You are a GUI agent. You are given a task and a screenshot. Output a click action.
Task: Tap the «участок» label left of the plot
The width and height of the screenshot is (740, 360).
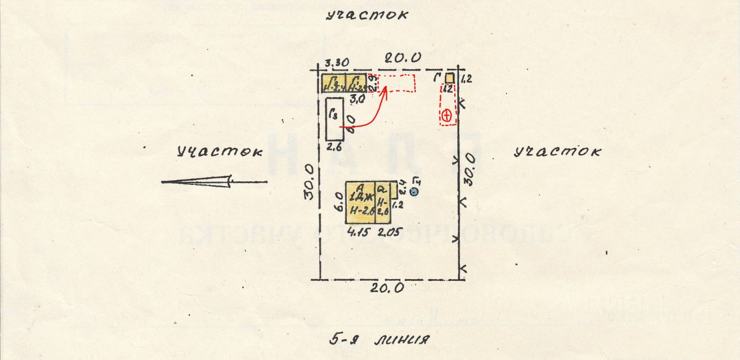(x=219, y=153)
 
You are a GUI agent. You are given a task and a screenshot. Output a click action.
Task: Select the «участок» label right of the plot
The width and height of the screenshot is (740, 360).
(x=557, y=152)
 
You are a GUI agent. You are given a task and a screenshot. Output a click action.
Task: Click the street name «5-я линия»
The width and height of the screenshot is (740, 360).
(x=379, y=339)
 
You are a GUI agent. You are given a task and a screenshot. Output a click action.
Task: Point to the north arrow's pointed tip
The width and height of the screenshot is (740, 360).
(x=163, y=182)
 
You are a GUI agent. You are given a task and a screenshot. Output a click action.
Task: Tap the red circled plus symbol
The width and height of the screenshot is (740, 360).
(x=446, y=116)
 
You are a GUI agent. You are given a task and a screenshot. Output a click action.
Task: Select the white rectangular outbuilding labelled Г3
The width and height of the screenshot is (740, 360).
(x=335, y=118)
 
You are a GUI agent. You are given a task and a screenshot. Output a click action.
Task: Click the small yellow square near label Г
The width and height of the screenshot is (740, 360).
(x=449, y=77)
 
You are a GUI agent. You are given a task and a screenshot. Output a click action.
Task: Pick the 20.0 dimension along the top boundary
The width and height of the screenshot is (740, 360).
(x=404, y=58)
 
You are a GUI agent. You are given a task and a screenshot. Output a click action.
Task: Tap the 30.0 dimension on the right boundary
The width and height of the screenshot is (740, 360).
(x=472, y=169)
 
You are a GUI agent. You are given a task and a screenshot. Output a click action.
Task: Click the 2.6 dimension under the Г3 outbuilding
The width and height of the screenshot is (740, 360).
(x=335, y=147)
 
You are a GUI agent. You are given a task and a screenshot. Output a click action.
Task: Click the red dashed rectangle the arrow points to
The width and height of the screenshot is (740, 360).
(x=397, y=83)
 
